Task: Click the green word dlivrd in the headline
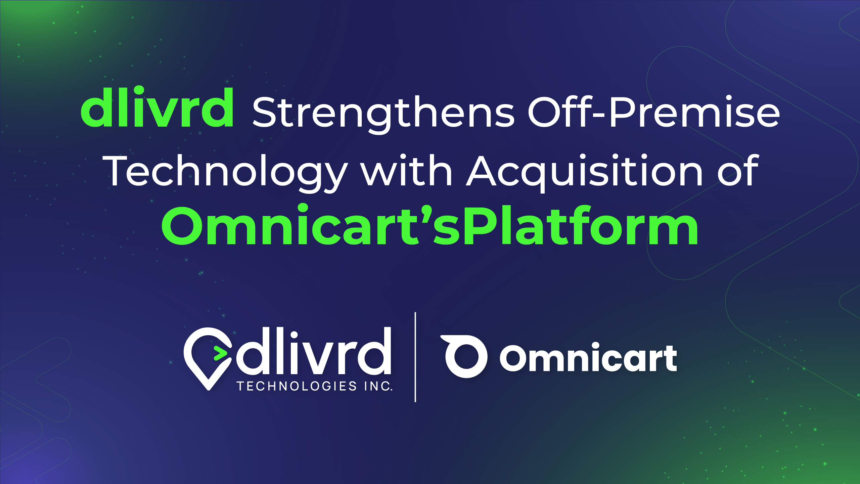pyautogui.click(x=157, y=107)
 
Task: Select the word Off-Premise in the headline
pyautogui.click(x=653, y=112)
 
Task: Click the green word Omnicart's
pyautogui.click(x=311, y=225)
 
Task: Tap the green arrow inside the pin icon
pyautogui.click(x=220, y=352)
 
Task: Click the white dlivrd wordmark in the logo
pyautogui.click(x=314, y=351)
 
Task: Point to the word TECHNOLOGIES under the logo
pyautogui.click(x=297, y=386)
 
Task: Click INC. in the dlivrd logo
pyautogui.click(x=378, y=386)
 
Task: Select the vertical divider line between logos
pyautogui.click(x=415, y=357)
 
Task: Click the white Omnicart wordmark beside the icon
pyautogui.click(x=588, y=357)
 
